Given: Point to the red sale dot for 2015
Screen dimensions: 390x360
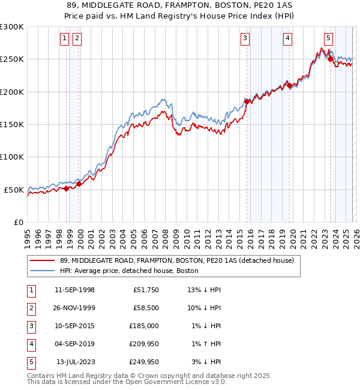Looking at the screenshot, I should [x=247, y=102].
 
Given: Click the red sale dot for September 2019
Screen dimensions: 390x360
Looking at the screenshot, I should [x=289, y=86].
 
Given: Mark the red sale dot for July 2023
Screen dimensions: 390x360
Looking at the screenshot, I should [x=330, y=59].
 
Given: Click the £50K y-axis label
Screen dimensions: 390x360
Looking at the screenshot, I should [x=14, y=190].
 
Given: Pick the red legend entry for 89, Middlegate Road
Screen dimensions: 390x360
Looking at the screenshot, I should [x=176, y=261].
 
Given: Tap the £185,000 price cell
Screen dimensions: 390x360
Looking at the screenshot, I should [x=144, y=326].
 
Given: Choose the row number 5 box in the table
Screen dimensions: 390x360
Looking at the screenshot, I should [x=29, y=362].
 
